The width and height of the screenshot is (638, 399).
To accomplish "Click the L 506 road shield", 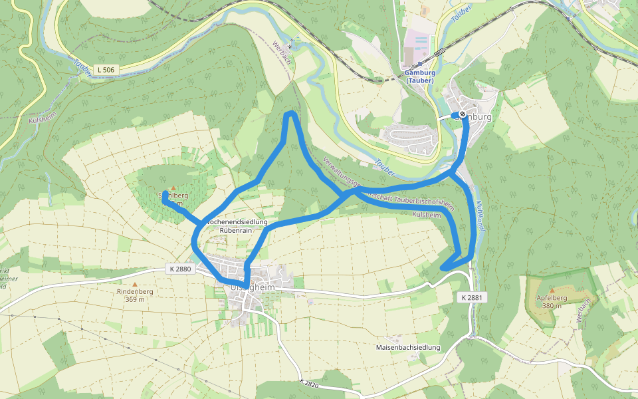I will (105, 69).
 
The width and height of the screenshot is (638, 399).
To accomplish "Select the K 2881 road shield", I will (471, 298).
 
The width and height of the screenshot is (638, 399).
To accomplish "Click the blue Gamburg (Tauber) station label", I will (419, 77).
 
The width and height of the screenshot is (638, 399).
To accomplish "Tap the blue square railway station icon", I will (420, 65).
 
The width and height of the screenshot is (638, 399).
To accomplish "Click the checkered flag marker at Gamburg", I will (462, 114).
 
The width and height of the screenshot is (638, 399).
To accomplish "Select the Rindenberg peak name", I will (135, 291).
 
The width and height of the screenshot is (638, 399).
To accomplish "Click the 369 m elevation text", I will (135, 299).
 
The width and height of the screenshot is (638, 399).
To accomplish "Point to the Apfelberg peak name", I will (550, 298).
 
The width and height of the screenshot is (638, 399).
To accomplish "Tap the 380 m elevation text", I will (550, 306).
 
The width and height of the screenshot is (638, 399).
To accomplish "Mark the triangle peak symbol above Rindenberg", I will (135, 284).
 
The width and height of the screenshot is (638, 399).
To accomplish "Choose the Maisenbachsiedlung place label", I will (408, 348).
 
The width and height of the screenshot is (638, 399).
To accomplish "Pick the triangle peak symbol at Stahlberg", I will (173, 188).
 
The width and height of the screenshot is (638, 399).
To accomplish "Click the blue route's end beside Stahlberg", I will (164, 194).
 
